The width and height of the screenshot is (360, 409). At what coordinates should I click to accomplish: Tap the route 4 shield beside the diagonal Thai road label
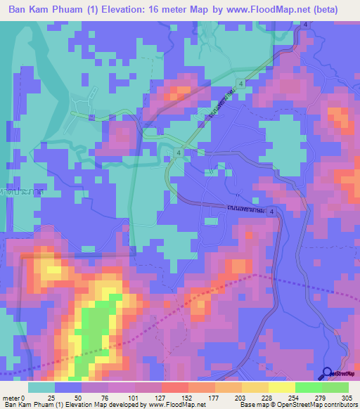[241, 83]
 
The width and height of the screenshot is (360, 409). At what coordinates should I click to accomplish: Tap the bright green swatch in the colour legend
[321, 387]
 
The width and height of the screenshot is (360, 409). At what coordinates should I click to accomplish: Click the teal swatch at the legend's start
[41, 387]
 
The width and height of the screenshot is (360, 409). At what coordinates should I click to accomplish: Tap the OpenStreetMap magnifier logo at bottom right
[328, 373]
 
